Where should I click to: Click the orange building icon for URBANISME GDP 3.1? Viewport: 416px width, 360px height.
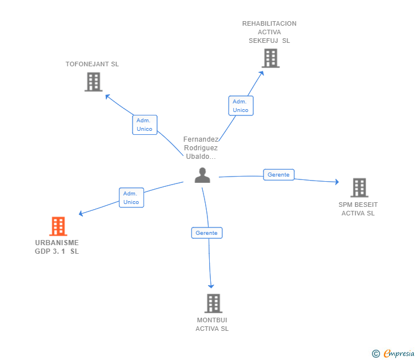point(58,226)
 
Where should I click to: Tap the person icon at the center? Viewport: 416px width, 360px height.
point(202,175)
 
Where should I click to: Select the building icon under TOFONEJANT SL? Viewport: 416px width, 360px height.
point(93,82)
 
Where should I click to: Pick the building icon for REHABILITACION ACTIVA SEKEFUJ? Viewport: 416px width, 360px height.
point(270,58)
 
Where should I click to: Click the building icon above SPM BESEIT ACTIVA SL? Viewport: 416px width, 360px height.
point(359,187)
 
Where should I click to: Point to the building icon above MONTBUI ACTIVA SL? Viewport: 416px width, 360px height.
point(213,303)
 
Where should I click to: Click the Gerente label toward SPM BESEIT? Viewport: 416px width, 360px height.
point(278,175)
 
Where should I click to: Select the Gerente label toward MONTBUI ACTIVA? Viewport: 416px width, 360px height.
point(206,233)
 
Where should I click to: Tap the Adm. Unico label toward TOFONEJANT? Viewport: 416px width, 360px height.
point(145,125)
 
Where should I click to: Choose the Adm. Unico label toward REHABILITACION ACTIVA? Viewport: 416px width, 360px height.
point(241,106)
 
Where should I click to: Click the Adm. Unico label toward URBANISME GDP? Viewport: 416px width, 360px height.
point(131,198)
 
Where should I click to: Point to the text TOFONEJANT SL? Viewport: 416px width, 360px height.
point(92,64)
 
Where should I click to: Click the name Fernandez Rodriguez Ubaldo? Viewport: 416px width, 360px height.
point(201,148)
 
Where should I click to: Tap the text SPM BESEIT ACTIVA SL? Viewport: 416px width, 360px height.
point(358,209)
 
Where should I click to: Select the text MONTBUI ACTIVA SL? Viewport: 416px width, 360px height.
point(212,324)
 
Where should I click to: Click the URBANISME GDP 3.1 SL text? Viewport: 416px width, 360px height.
point(57,247)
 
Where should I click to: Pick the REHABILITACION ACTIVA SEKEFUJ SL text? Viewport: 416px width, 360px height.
point(269,32)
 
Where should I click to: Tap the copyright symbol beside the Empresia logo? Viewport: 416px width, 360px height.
point(375,354)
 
